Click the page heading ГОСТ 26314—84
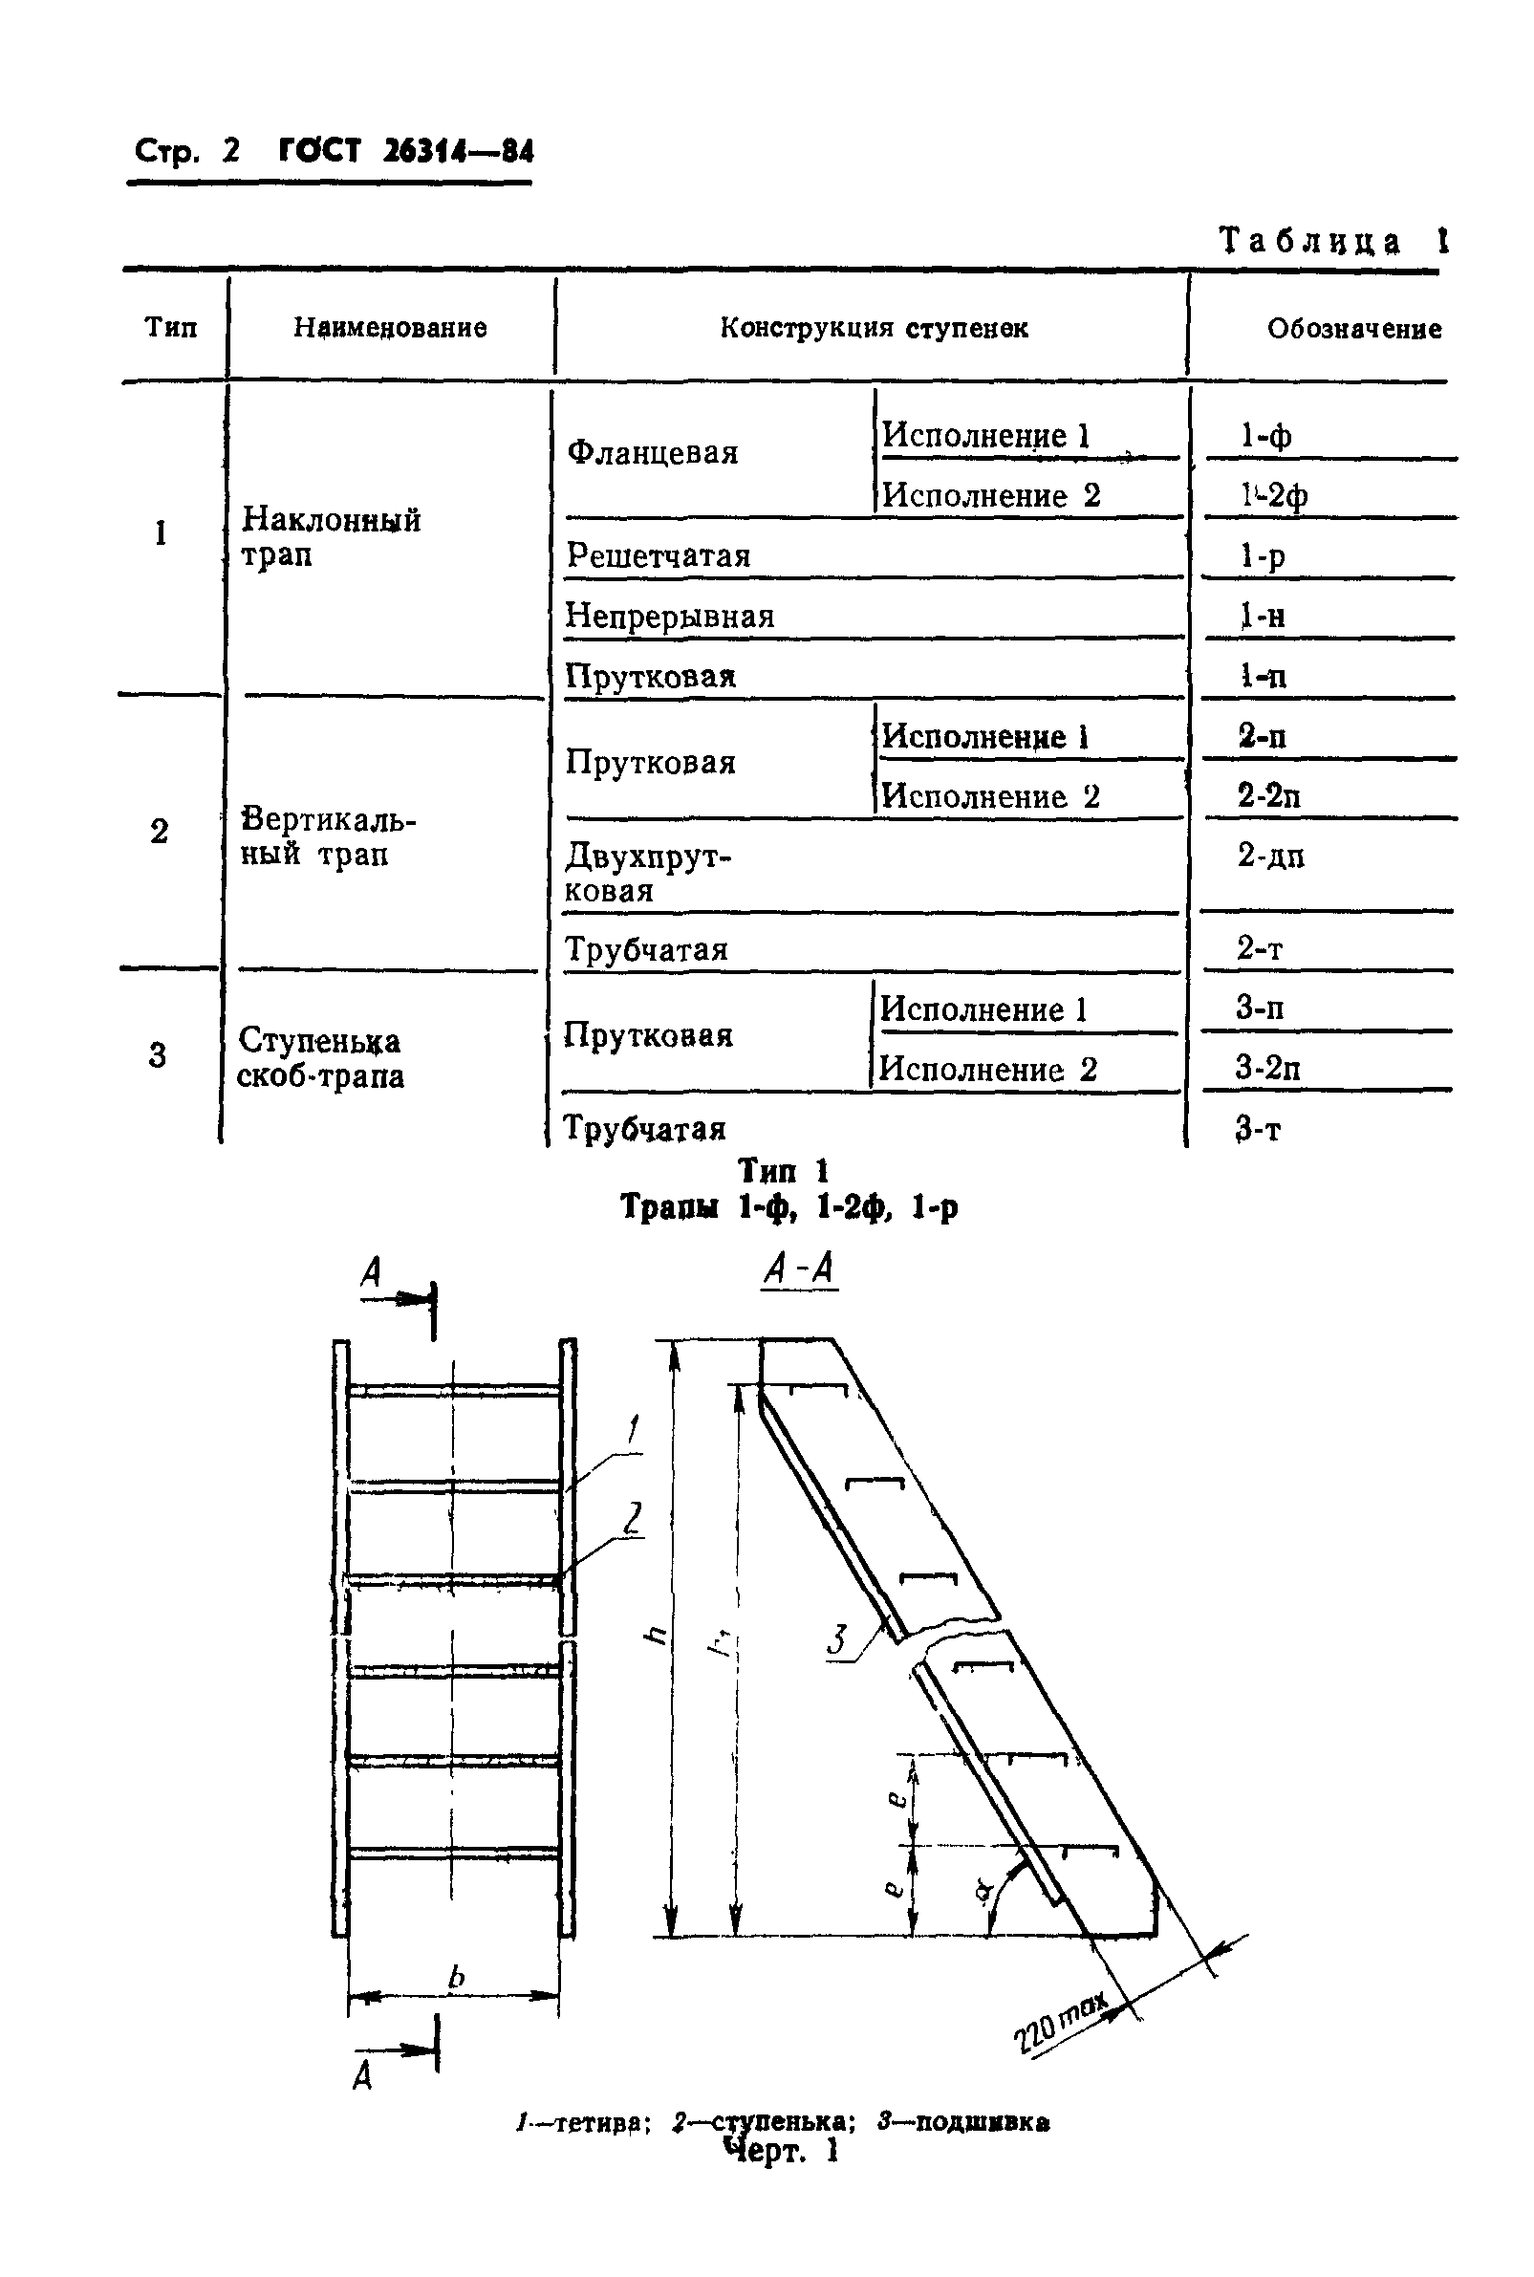406,151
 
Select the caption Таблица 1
1332,241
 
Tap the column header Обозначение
1354,329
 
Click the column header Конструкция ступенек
873,328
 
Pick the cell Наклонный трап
331,536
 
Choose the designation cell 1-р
1262,555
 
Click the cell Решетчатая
658,555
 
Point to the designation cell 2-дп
1270,857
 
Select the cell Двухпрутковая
648,874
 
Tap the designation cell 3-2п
1268,1068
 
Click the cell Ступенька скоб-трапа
320,1058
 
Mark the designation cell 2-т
1259,948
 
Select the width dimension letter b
456,1979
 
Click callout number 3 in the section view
836,1640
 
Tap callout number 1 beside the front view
633,1431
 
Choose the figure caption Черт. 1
781,2151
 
